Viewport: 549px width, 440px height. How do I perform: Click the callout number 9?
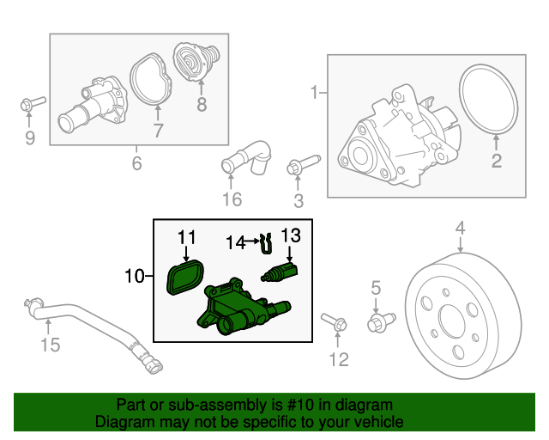coord(30,137)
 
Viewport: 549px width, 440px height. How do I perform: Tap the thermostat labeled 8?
coord(196,62)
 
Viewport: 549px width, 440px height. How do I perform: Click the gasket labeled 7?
coord(151,79)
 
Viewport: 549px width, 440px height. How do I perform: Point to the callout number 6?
coord(136,162)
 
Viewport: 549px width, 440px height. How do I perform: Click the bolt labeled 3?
coord(303,164)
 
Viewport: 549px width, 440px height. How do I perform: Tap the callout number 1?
coord(314,93)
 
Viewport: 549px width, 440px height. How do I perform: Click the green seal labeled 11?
coord(185,278)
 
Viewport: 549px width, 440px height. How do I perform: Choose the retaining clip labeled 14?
coord(267,243)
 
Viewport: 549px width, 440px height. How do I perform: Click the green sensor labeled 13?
coord(280,273)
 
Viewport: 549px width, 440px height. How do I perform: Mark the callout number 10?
coord(135,276)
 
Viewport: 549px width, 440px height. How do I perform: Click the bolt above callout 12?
coord(334,321)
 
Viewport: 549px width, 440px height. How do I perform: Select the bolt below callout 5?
coord(381,322)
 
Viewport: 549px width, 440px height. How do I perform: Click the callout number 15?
coord(51,345)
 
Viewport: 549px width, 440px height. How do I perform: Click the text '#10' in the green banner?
coord(300,405)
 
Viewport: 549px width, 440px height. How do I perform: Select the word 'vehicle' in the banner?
coord(381,422)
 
